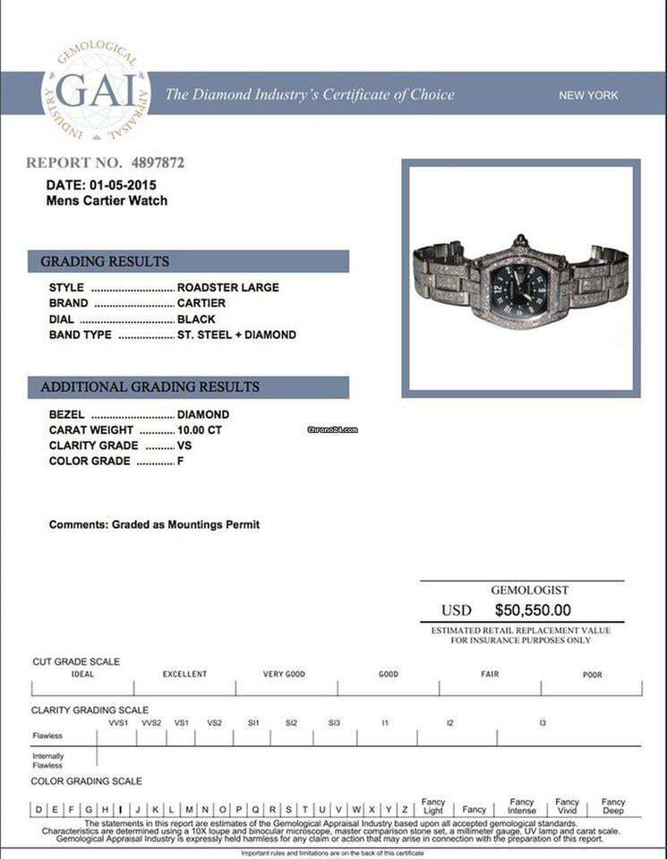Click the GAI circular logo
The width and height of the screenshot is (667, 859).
point(96,91)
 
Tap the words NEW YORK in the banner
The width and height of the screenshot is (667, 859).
point(588,96)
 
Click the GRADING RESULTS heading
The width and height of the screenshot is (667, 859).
point(105,261)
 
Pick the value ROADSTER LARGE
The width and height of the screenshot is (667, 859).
point(228,287)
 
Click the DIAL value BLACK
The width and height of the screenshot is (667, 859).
point(195,319)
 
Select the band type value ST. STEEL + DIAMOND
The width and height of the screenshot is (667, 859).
point(236,335)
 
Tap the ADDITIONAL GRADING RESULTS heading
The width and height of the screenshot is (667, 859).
point(150,387)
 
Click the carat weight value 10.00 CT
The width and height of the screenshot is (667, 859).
point(200,429)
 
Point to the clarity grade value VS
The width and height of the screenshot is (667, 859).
point(184,446)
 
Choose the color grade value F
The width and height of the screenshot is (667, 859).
point(181,461)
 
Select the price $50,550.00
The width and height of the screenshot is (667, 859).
point(533,610)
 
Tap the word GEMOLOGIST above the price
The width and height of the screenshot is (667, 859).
point(529,591)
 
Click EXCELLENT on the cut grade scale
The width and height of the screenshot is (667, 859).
point(184,674)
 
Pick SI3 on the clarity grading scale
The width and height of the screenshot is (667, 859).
point(334,722)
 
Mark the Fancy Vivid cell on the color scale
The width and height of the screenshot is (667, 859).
point(567,806)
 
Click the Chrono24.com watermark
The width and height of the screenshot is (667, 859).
point(332,429)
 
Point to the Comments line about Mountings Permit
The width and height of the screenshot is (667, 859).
point(154,524)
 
